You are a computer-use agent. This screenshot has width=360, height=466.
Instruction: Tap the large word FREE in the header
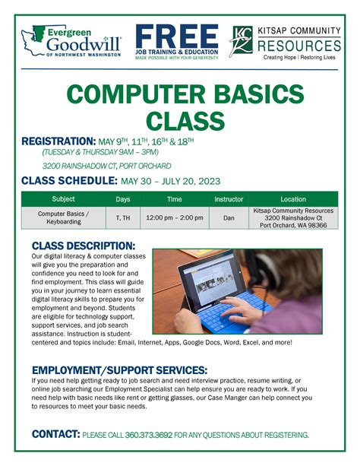pyautogui.click(x=180, y=35)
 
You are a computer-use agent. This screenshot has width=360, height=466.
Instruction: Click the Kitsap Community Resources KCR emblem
pyautogui.click(x=242, y=41)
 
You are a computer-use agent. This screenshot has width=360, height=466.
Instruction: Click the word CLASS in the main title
pyautogui.click(x=180, y=120)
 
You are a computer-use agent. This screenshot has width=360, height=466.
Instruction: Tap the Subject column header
pyautogui.click(x=63, y=199)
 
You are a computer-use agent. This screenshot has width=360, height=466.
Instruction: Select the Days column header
pyautogui.click(x=122, y=199)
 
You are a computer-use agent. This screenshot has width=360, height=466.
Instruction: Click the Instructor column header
pyautogui.click(x=229, y=199)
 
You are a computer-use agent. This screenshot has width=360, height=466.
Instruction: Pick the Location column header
pyautogui.click(x=292, y=199)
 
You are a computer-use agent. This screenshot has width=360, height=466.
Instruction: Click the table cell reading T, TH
pyautogui.click(x=122, y=218)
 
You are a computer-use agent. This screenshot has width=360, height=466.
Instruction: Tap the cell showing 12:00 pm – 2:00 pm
pyautogui.click(x=175, y=218)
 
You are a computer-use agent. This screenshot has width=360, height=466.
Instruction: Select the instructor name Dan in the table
pyautogui.click(x=229, y=218)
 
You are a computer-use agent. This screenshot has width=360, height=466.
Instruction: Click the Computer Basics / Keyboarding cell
pyautogui.click(x=63, y=218)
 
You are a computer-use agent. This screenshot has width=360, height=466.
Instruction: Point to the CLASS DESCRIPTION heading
pyautogui.click(x=84, y=246)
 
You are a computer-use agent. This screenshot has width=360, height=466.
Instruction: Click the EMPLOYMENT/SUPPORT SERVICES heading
pyautogui.click(x=119, y=370)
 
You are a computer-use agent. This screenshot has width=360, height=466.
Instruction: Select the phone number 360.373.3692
pyautogui.click(x=150, y=435)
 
